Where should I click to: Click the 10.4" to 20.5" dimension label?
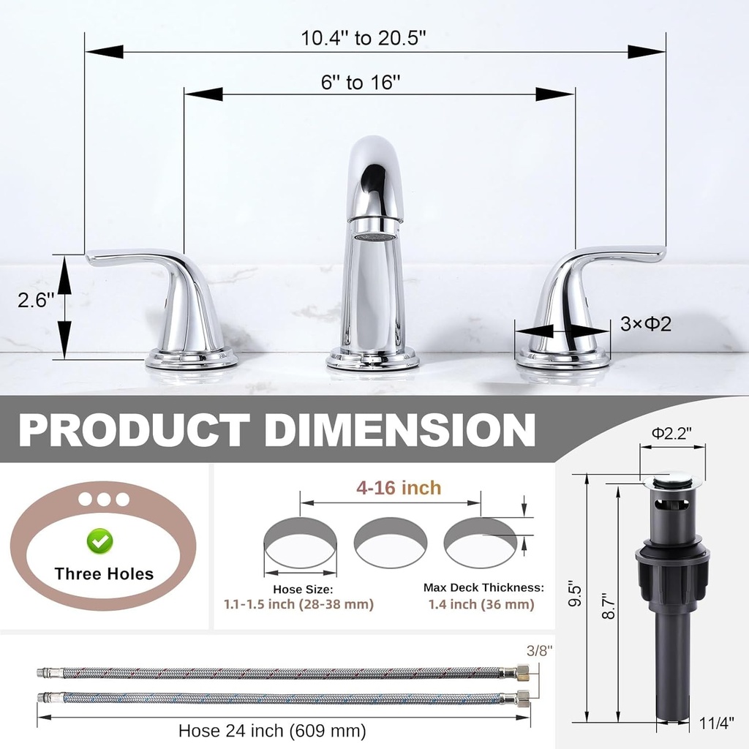pyautogui.click(x=363, y=39)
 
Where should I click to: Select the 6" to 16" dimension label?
pyautogui.click(x=361, y=82)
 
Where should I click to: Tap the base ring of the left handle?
pyautogui.click(x=191, y=359)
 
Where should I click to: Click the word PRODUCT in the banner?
pyautogui.click(x=133, y=429)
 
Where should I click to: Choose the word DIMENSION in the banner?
pyautogui.click(x=400, y=429)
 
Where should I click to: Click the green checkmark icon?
pyautogui.click(x=99, y=541)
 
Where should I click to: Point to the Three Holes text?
pyautogui.click(x=104, y=573)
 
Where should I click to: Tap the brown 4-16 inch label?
pyautogui.click(x=399, y=488)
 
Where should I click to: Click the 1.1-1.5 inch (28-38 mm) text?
pyautogui.click(x=298, y=604)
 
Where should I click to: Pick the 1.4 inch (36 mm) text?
pyautogui.click(x=481, y=604)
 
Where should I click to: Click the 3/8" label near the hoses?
pyautogui.click(x=540, y=650)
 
